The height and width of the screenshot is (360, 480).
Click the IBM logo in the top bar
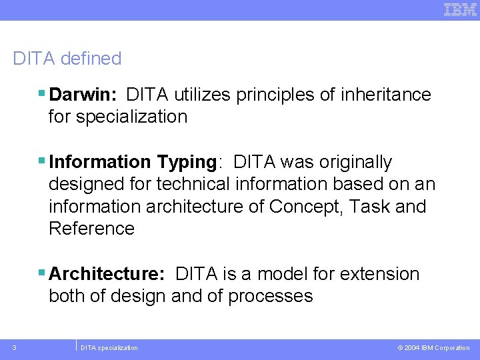(x=460, y=9)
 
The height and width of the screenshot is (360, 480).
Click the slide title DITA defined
(x=67, y=59)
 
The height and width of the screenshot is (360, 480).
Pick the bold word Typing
(x=187, y=163)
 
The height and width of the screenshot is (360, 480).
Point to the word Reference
(x=91, y=229)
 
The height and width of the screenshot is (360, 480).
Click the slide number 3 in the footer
(x=15, y=347)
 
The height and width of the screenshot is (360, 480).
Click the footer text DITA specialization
(x=109, y=348)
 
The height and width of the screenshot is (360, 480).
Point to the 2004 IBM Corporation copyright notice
(x=433, y=348)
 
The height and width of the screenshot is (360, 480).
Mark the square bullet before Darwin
(x=42, y=95)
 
